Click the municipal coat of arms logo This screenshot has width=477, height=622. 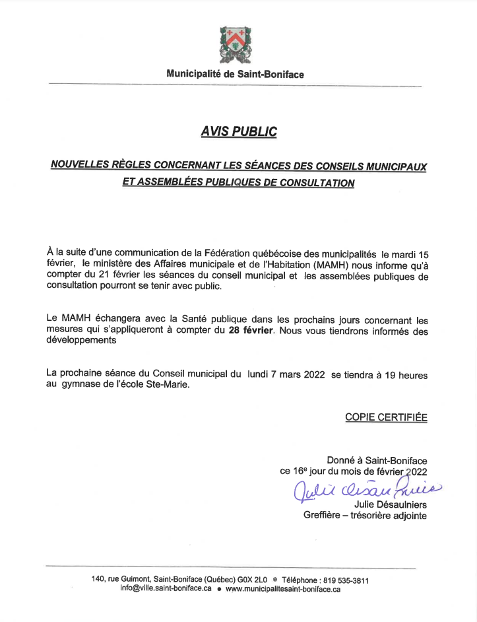tap(236, 44)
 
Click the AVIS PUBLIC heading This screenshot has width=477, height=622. tap(238, 132)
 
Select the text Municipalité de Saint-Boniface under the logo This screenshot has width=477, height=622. tap(236, 75)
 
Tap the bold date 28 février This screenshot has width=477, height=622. tap(251, 329)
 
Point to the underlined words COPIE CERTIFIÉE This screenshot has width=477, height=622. tap(386, 417)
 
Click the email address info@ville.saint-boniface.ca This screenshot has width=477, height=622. tap(166, 589)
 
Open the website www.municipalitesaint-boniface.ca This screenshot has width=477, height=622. tap(283, 589)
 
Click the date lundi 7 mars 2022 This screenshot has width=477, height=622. tap(286, 374)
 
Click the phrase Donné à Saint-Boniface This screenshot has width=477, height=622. tap(377, 460)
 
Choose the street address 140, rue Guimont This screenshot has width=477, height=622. tap(121, 580)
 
